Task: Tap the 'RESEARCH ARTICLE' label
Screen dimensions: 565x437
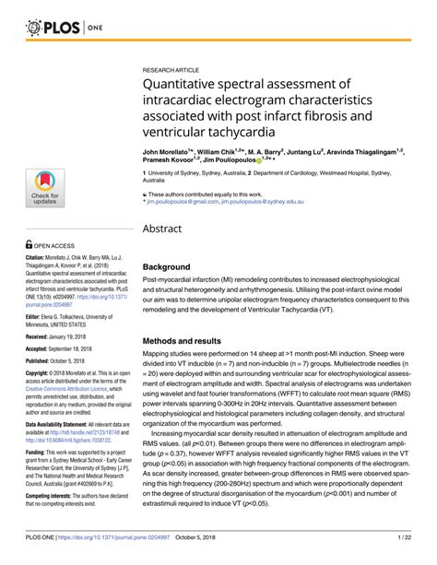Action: (x=171, y=69)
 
